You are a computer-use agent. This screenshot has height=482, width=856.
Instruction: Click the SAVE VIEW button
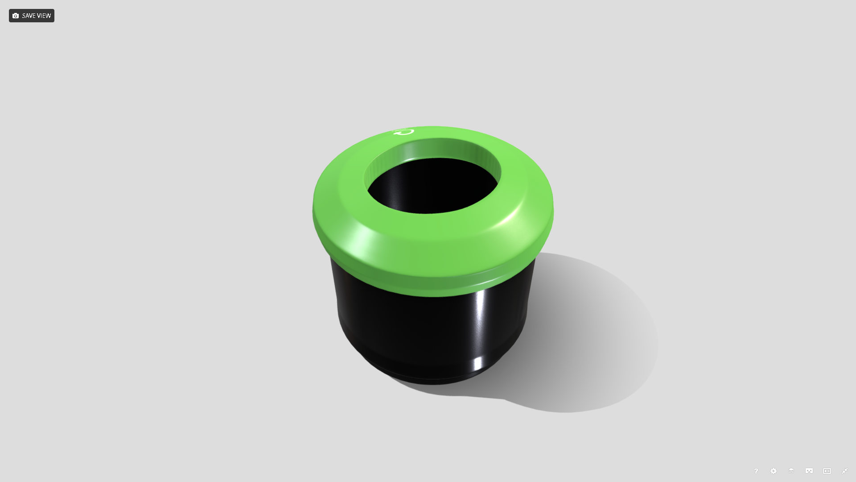pyautogui.click(x=32, y=16)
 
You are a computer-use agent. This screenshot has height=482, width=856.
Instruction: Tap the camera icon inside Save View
pyautogui.click(x=16, y=16)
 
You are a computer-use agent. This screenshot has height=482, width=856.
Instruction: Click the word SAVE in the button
pyautogui.click(x=29, y=16)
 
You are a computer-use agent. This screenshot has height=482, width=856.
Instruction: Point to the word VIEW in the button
pyautogui.click(x=44, y=16)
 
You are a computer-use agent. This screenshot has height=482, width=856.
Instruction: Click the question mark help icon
pyautogui.click(x=756, y=471)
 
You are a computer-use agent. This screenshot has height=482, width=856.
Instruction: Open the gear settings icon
pyautogui.click(x=774, y=471)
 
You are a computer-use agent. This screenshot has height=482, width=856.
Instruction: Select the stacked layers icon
pyautogui.click(x=791, y=471)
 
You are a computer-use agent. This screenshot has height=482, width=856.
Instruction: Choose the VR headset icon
pyautogui.click(x=809, y=471)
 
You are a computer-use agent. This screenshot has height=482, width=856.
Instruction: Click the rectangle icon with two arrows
pyautogui.click(x=827, y=471)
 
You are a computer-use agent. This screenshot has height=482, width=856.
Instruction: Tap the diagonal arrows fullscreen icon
pyautogui.click(x=845, y=471)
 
